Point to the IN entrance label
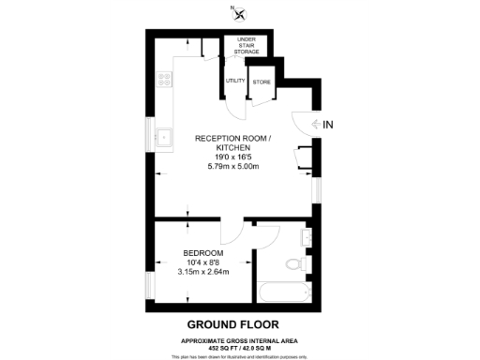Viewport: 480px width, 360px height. point(328,125)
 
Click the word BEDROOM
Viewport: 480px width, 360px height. point(203,254)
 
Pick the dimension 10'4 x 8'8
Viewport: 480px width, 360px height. point(203,263)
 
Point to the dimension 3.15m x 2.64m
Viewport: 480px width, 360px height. point(203,273)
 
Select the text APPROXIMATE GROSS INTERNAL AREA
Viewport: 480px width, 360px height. point(241,339)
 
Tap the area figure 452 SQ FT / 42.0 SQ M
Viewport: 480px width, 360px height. point(241,347)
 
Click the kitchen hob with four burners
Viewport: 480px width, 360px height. point(166,80)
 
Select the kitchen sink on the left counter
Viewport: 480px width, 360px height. point(166,137)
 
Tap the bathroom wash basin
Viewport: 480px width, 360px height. point(307,235)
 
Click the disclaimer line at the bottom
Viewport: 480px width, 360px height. point(241,356)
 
